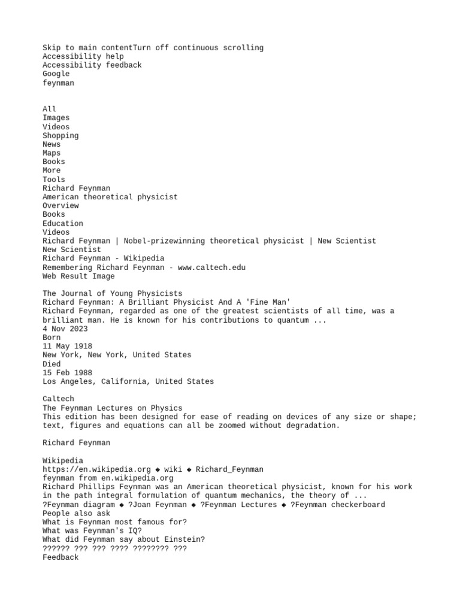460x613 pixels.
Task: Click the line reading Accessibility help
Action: coord(83,56)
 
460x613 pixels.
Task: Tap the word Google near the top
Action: coord(56,74)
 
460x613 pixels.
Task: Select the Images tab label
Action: coord(56,118)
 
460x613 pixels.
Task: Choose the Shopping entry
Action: coord(60,135)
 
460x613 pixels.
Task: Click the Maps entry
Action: coord(52,153)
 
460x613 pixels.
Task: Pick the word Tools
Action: coord(54,179)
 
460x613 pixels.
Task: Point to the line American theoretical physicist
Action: coord(110,197)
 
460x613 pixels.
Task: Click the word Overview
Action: coord(60,205)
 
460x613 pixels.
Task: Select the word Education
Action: coord(63,223)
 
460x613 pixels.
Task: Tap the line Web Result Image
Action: coord(78,277)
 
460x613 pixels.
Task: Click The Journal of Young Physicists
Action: coord(113,293)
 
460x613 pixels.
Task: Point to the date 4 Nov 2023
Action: coord(65,329)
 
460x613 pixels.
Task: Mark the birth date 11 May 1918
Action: coord(68,346)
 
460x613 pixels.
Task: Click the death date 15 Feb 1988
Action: coord(68,372)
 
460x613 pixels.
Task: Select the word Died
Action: coord(52,363)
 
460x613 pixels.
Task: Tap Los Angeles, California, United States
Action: coord(128,381)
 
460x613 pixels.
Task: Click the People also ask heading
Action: coord(77,513)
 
